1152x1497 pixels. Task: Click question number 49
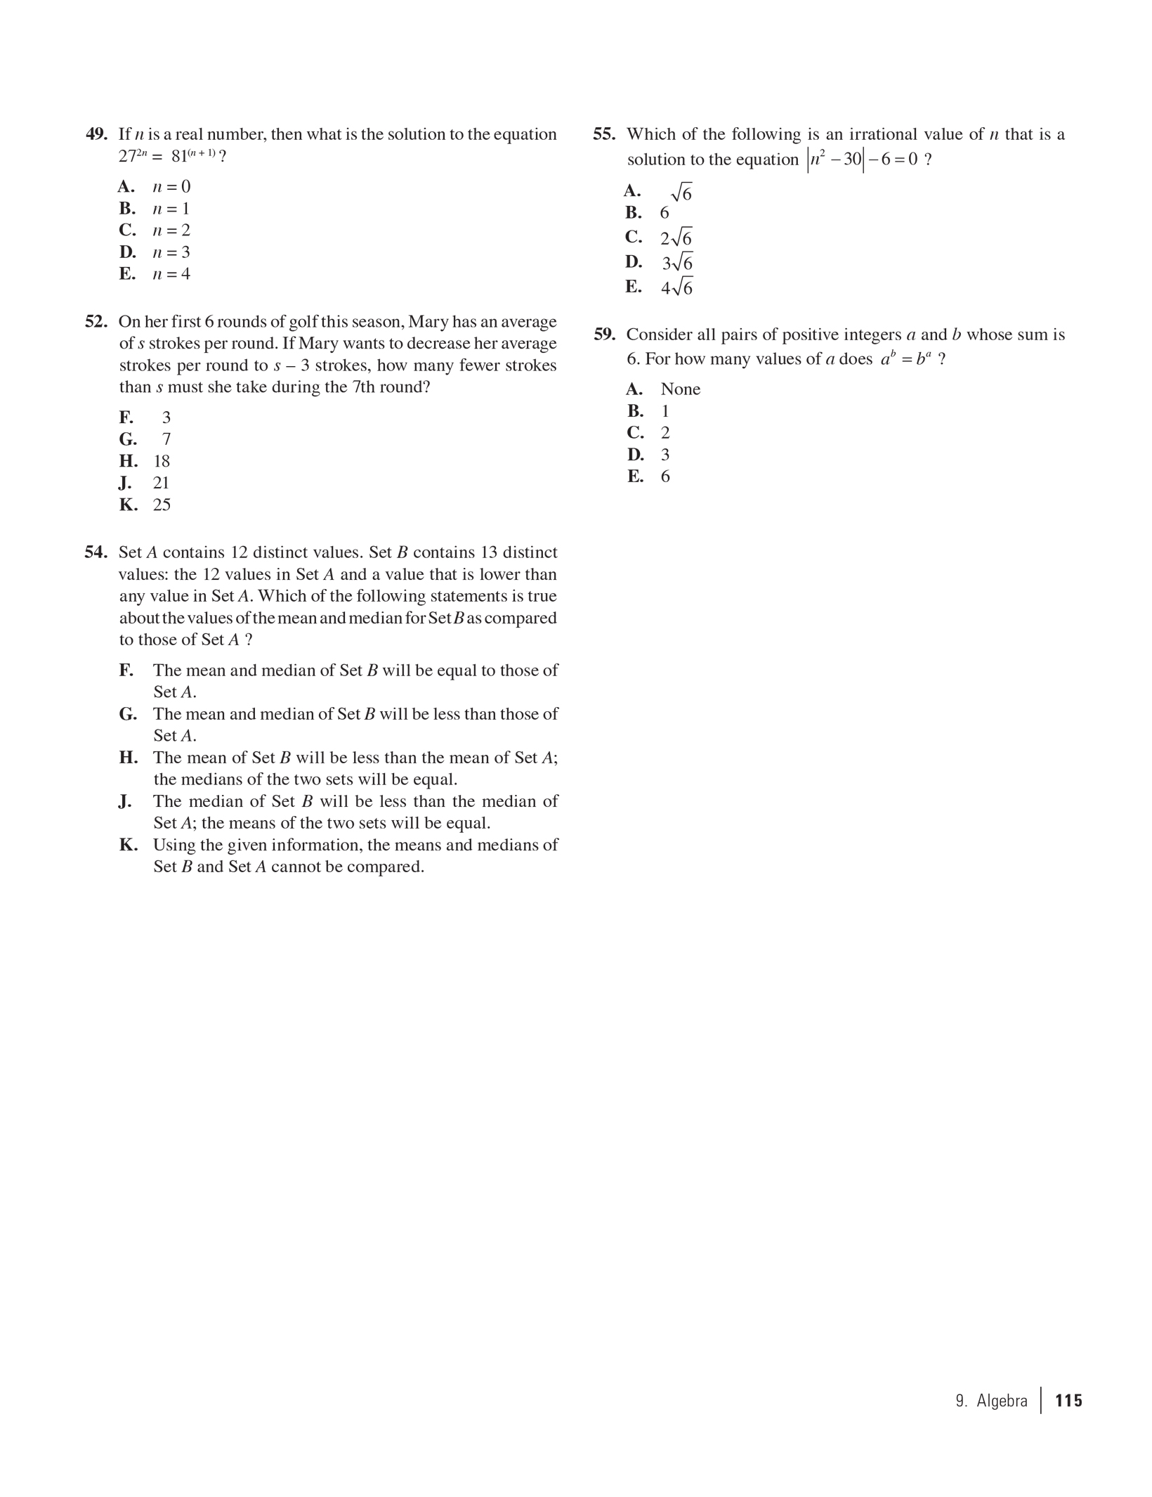point(96,134)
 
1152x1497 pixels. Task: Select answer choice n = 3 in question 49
point(171,252)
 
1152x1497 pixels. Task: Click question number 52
point(96,322)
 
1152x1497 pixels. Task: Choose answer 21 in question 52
point(162,483)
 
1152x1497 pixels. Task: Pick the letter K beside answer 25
point(129,505)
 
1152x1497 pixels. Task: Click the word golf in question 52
point(303,322)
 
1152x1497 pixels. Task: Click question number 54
point(96,552)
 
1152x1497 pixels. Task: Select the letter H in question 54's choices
point(129,758)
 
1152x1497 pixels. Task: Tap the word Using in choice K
point(174,845)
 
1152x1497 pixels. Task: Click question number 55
point(604,134)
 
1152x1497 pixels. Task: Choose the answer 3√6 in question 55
point(677,263)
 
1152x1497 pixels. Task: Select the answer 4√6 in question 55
point(676,287)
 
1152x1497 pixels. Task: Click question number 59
point(604,335)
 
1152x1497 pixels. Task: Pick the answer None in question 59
point(680,389)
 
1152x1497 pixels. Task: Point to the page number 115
point(1068,1401)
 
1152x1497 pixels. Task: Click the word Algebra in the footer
point(1002,1401)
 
